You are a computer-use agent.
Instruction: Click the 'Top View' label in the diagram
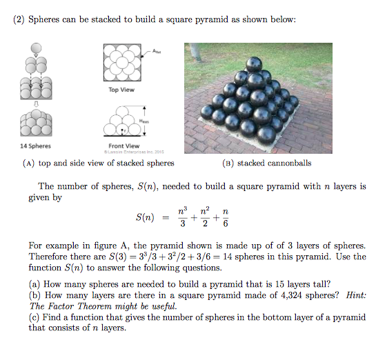[121, 90]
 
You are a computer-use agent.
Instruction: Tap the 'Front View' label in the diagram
[124, 146]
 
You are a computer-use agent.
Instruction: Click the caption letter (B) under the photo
[227, 163]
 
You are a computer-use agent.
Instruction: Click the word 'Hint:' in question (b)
[353, 294]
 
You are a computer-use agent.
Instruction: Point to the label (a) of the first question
[34, 283]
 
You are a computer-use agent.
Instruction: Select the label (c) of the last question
[34, 317]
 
